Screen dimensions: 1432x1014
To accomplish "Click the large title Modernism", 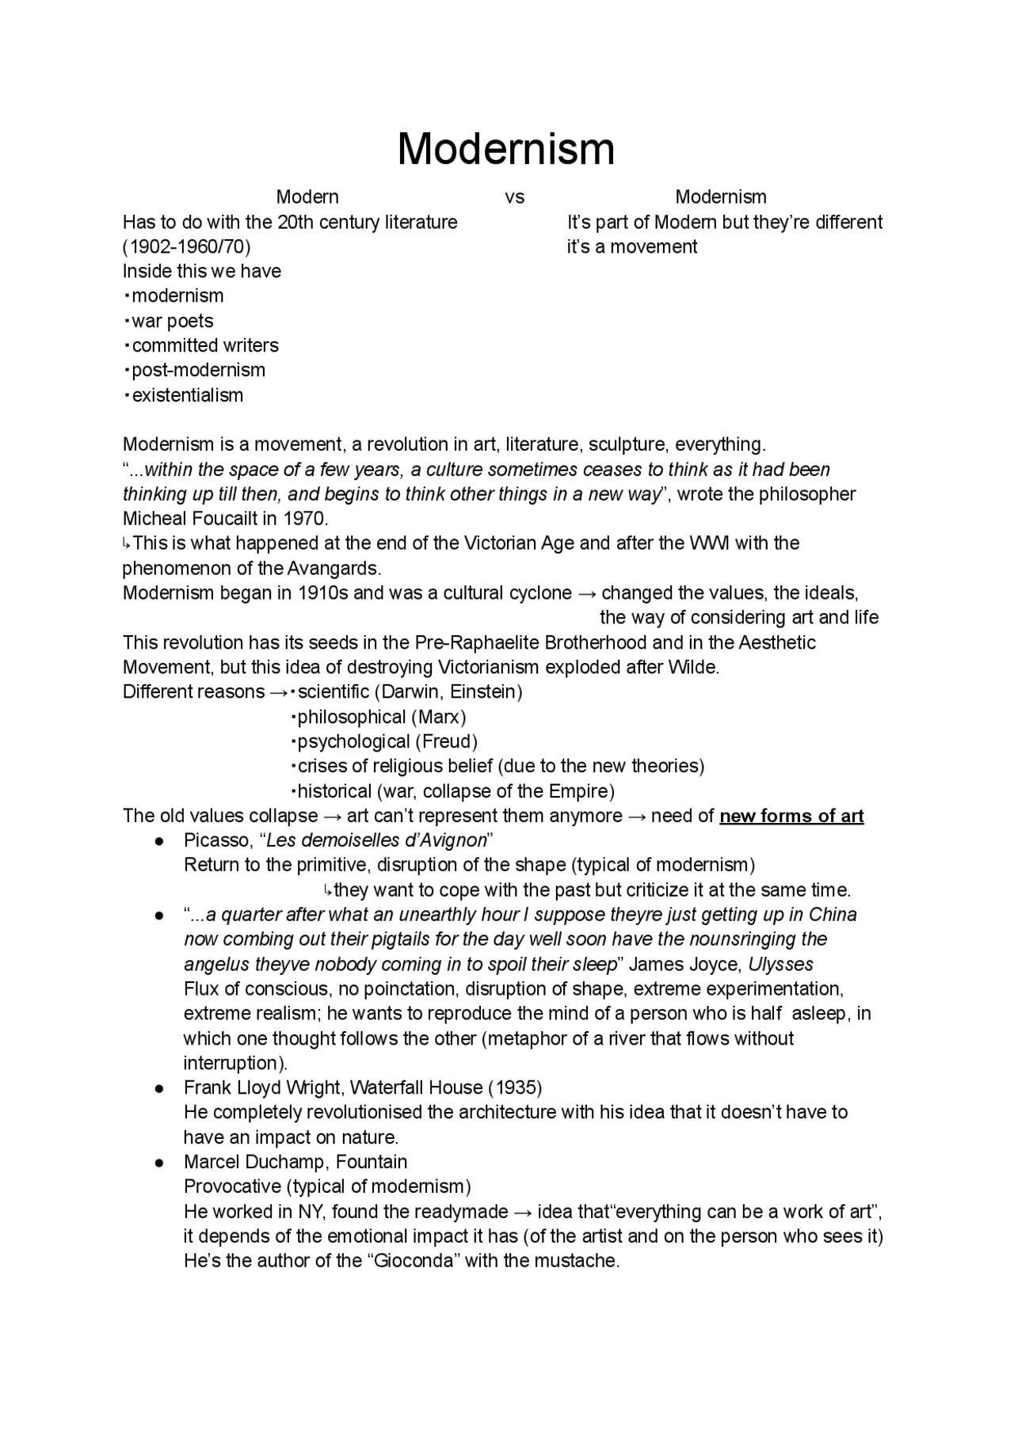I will click(x=505, y=149).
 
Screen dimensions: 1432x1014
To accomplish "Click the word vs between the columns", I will click(x=514, y=197).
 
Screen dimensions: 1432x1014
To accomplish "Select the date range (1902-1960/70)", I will click(x=186, y=247).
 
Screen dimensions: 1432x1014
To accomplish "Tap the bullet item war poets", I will click(x=172, y=321).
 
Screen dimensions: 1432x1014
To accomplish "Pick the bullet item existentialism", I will click(x=187, y=395).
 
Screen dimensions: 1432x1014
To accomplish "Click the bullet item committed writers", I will click(x=204, y=345).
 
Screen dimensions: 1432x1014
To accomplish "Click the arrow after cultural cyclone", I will click(x=586, y=593).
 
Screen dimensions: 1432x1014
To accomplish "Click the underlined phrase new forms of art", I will click(x=791, y=816).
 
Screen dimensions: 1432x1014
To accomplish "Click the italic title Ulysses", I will click(x=780, y=965).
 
